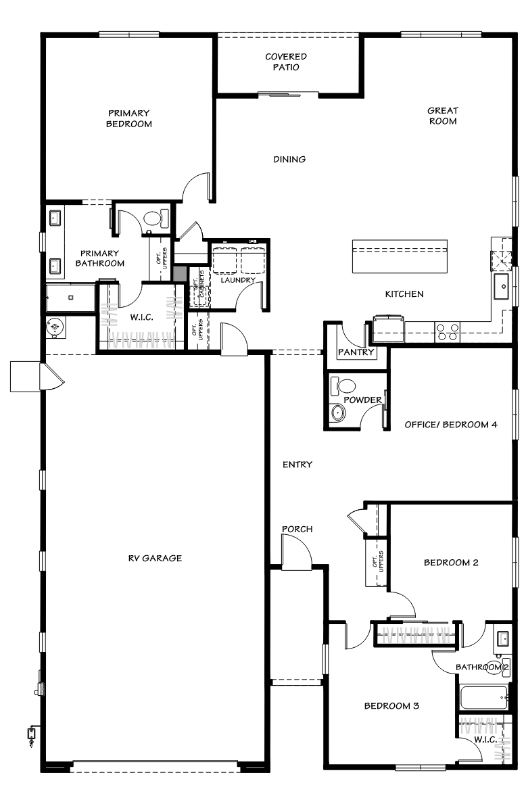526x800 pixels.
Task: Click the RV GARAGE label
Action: point(155,559)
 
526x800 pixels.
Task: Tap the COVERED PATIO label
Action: point(285,62)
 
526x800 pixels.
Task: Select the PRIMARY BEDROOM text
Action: point(128,119)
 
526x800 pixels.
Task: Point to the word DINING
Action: point(289,160)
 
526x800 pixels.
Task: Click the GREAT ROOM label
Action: point(443,116)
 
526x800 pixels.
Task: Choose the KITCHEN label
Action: point(404,294)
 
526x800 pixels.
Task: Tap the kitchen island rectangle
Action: point(400,256)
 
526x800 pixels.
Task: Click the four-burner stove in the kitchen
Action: point(448,331)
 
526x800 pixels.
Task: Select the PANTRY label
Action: point(356,352)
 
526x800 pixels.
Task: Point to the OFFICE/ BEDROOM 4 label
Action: point(451,425)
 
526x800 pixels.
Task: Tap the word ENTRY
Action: point(297,465)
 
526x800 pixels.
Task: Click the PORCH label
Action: point(297,529)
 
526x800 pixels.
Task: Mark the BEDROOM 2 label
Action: point(451,563)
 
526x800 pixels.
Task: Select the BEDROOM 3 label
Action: point(392,706)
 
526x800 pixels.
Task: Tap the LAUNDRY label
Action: point(238,280)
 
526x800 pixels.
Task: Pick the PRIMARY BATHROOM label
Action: point(99,258)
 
